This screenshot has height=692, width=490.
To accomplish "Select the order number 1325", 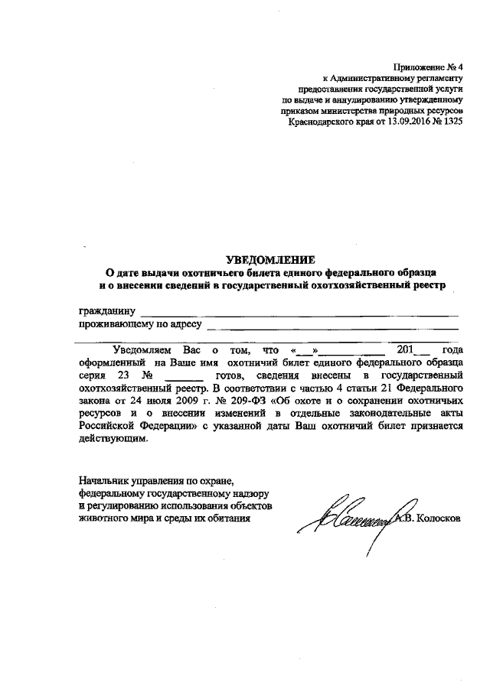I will pos(451,121).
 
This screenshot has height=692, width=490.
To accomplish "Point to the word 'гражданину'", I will pos(108,311).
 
